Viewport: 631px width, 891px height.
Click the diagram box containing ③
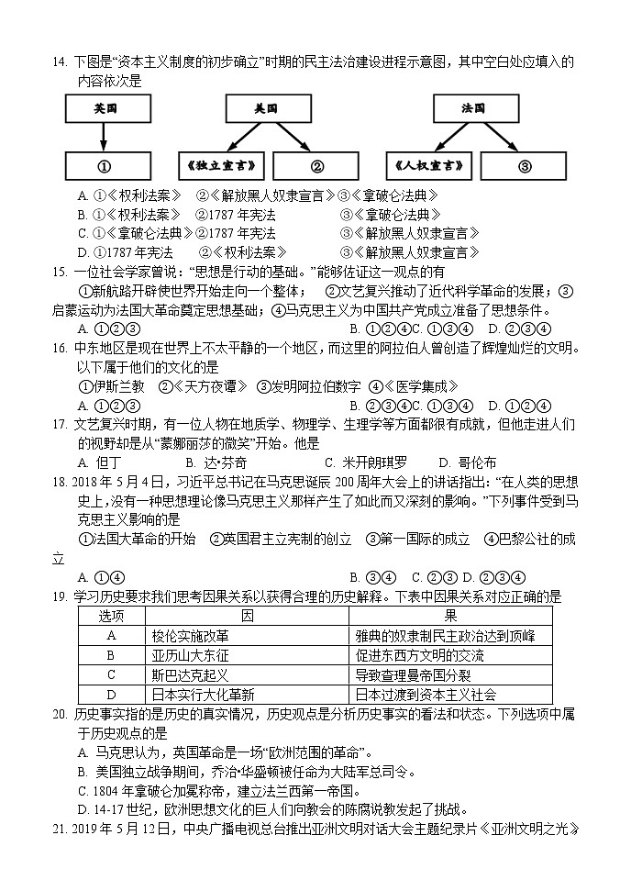tap(524, 167)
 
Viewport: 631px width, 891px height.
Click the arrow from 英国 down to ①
tap(105, 137)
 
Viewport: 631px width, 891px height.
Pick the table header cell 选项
tap(111, 614)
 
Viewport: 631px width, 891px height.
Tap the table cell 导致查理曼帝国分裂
tap(414, 675)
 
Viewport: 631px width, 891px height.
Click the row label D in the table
tap(111, 696)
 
